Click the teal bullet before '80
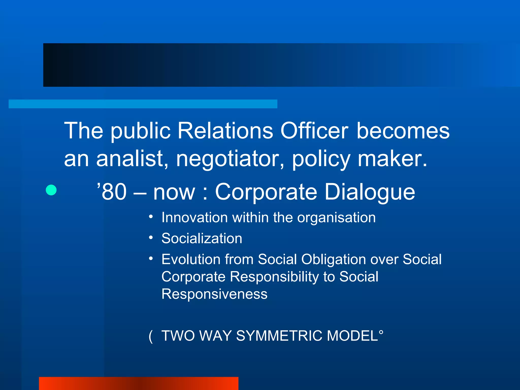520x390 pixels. click(51, 190)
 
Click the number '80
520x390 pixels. click(112, 192)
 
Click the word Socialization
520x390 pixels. click(202, 238)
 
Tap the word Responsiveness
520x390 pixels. click(215, 294)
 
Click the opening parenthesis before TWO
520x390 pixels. click(151, 336)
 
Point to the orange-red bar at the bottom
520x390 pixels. click(139, 383)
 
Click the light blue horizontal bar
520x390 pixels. click(143, 104)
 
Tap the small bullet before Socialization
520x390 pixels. click(151, 238)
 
